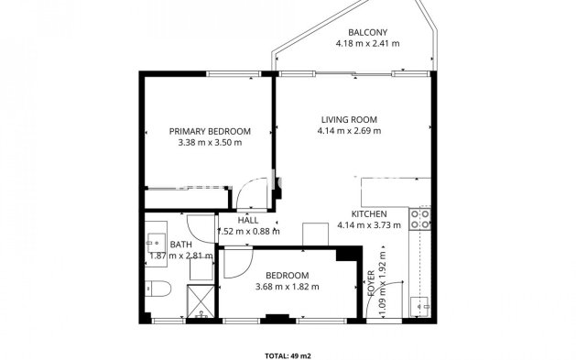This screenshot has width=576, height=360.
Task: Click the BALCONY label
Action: [348, 31]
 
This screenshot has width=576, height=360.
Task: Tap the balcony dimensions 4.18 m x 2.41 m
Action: [348, 43]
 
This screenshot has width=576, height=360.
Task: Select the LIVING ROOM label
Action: [348, 120]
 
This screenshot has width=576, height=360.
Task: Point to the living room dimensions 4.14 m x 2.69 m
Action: [348, 131]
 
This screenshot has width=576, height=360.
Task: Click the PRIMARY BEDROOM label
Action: [210, 131]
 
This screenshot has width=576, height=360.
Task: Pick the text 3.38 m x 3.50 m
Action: [210, 142]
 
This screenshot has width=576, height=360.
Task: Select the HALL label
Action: [247, 220]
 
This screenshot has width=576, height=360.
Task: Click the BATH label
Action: [180, 245]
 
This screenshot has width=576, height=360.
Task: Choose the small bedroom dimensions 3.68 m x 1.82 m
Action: [287, 287]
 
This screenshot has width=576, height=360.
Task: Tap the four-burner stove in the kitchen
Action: [422, 218]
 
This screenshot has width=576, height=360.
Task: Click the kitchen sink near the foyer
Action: [423, 306]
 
